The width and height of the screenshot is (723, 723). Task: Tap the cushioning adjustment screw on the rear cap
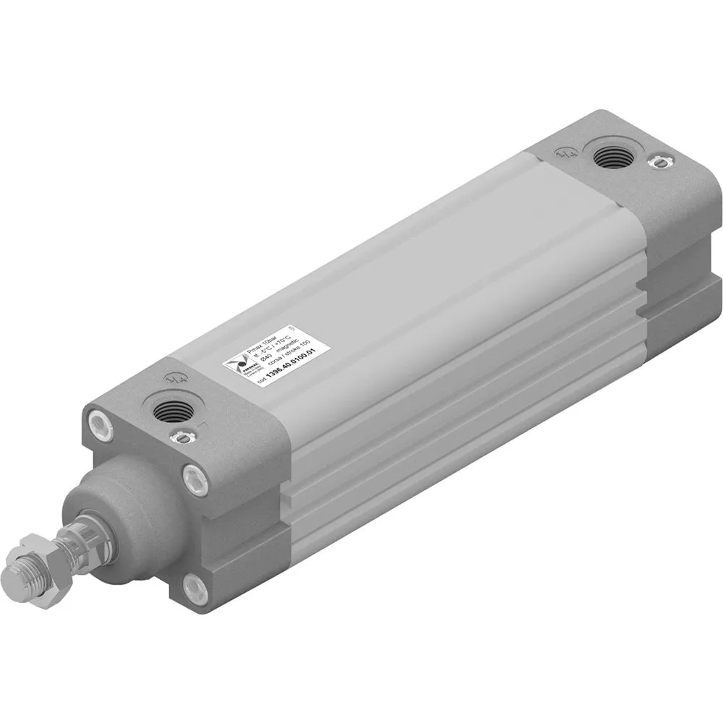[x=656, y=162]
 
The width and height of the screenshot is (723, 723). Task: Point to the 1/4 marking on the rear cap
[x=566, y=152]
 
